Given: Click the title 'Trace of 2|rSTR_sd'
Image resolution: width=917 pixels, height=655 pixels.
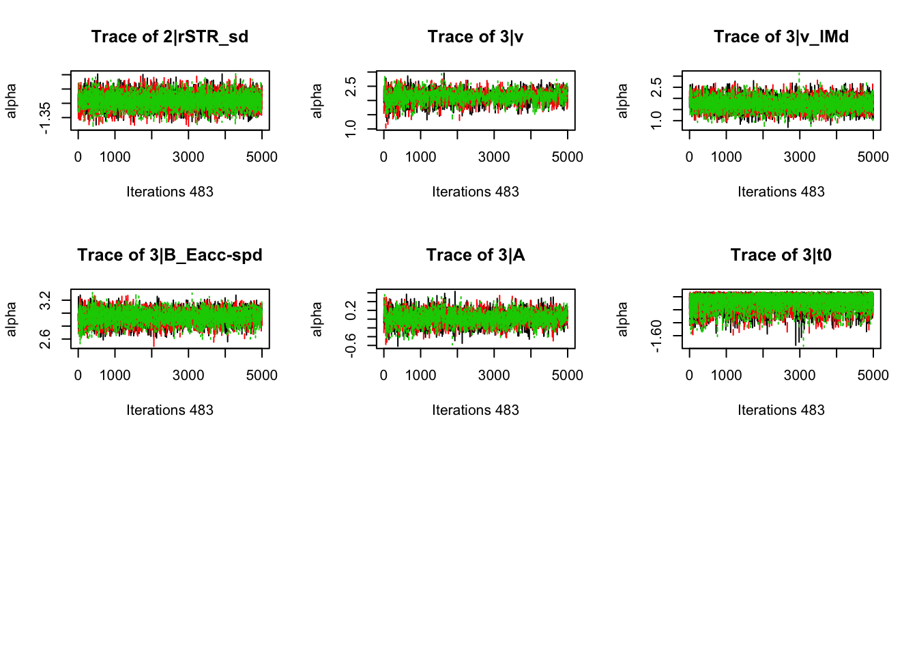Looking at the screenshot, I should pos(170,37).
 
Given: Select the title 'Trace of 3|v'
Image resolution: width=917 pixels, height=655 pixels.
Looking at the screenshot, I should pos(476,37).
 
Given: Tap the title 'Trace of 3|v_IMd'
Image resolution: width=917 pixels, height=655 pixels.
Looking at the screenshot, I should pos(781,37).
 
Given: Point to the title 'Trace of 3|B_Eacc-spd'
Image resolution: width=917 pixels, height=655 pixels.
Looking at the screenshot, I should pos(170,255).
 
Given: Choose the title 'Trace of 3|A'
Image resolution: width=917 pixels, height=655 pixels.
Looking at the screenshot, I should pos(476,255).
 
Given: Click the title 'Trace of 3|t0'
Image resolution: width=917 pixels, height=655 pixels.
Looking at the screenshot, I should pos(781,255).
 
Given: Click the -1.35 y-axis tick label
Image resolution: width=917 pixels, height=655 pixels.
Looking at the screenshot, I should pos(45,118).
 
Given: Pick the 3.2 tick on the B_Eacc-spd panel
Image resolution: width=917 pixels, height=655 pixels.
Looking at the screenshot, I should pos(45,301).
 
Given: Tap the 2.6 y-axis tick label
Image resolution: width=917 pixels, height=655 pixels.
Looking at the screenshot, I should pos(45,338).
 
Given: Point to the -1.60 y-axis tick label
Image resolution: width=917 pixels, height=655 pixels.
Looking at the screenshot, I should pos(656,336).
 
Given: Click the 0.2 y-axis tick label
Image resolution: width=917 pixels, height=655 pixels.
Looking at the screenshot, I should pos(351,310).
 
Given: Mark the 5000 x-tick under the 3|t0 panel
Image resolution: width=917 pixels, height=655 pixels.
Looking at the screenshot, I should pos(873,375).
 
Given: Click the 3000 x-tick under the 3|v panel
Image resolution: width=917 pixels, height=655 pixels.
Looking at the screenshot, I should pos(494,157).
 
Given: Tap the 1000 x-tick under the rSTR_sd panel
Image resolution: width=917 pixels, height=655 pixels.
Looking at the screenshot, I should pos(115,157).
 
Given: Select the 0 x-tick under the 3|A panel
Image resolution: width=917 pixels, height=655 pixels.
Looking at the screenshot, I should pos(383,375).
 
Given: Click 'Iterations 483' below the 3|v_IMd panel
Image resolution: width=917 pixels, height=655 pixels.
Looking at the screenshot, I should pos(781,192).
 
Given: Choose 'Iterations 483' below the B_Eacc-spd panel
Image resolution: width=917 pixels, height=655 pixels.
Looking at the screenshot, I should pos(170,410).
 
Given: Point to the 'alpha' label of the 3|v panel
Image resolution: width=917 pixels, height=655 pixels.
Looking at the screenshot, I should pos(317,101).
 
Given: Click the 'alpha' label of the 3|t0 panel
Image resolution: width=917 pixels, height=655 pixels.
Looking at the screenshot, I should pos(622,319).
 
